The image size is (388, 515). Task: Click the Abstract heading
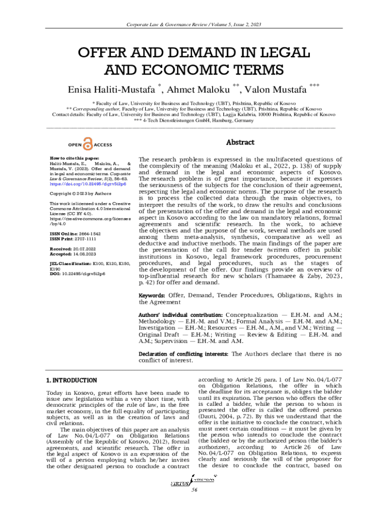[x=240, y=143]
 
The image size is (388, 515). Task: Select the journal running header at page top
[x=193, y=24]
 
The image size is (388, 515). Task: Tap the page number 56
[x=193, y=491]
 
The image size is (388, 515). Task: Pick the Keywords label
[x=152, y=295]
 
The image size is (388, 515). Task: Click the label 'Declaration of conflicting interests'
[x=183, y=354]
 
